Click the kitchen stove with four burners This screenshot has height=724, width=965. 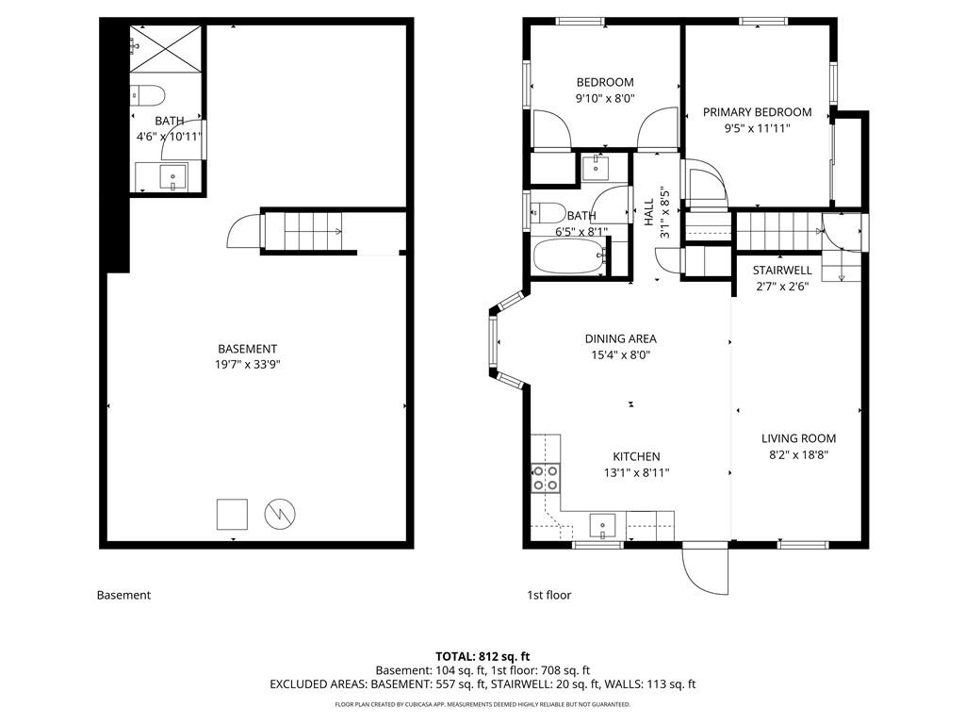pyautogui.click(x=546, y=478)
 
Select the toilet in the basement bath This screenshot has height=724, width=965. pyautogui.click(x=148, y=96)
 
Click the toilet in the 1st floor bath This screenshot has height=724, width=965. pyautogui.click(x=548, y=213)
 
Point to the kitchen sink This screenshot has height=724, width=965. pyautogui.click(x=602, y=526)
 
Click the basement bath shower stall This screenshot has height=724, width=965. pyautogui.click(x=166, y=48)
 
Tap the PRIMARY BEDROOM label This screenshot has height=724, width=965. pyautogui.click(x=757, y=112)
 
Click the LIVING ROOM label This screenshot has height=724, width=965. pyautogui.click(x=799, y=438)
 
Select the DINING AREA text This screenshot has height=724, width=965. pyautogui.click(x=620, y=338)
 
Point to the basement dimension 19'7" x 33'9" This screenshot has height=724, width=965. pyautogui.click(x=248, y=365)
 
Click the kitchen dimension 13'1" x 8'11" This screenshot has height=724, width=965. pyautogui.click(x=636, y=473)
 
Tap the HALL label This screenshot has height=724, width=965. pyautogui.click(x=648, y=212)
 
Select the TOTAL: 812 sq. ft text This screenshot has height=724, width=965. pyautogui.click(x=482, y=656)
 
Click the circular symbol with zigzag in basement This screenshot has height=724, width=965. pyautogui.click(x=280, y=514)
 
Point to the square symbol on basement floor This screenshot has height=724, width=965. pyautogui.click(x=232, y=514)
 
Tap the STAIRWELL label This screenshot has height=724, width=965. pyautogui.click(x=782, y=271)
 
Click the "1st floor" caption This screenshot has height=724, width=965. pyautogui.click(x=549, y=596)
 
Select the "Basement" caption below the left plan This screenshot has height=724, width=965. pyautogui.click(x=123, y=596)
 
